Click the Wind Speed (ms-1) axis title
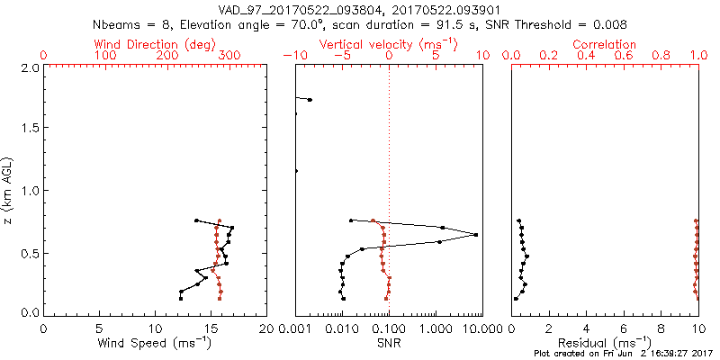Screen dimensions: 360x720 click(156, 343)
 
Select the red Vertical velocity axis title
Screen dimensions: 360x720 click(389, 44)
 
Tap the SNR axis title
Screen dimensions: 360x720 click(389, 343)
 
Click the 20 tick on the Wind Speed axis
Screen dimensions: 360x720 click(266, 327)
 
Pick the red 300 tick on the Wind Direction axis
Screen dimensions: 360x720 click(229, 56)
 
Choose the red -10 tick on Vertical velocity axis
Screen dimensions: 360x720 click(295, 56)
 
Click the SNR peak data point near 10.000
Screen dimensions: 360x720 click(476, 235)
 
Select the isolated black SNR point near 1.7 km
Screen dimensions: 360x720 click(310, 100)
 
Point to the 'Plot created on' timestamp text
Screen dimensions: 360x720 click(623, 354)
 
